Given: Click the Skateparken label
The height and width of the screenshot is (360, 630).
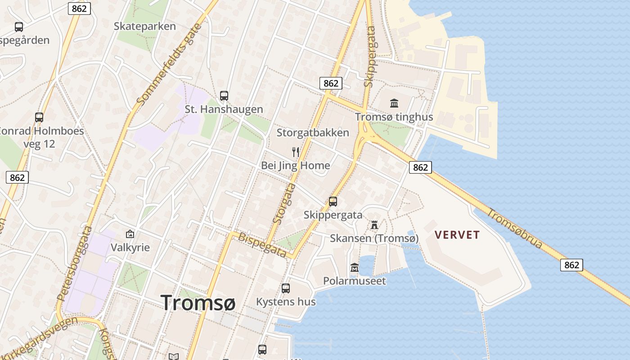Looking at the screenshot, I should pos(144,26).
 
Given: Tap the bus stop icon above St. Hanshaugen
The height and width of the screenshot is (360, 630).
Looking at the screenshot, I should pos(224,95).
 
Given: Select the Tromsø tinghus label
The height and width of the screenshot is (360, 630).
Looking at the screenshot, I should pos(394,117).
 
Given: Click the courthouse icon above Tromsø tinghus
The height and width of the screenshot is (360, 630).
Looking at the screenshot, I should pos(394,103).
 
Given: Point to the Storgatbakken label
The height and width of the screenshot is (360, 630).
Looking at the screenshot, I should pos(313,133).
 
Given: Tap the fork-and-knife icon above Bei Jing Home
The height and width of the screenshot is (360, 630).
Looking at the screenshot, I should pos(296,152).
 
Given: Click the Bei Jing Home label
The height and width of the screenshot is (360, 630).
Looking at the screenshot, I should pos(296,166).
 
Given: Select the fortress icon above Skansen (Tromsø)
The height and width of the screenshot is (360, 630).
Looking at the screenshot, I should pos(374,225).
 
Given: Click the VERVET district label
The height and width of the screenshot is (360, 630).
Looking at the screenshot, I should pos(458,235).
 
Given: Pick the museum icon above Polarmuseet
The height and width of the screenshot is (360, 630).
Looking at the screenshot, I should pos(355,267).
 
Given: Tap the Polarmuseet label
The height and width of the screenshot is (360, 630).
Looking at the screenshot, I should pos(355,281).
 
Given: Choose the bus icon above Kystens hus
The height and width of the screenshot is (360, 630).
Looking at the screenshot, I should pos(286,288).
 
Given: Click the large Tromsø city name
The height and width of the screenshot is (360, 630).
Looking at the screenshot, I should pos(198,302).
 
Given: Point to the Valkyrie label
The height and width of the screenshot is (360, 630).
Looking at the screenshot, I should pos(130,247).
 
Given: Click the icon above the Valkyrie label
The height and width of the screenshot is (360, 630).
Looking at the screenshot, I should pos(130,234).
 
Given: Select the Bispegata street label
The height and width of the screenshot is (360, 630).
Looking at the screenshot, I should pos(262,245).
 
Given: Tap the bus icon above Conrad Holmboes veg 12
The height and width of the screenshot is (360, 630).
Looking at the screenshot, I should pos(39,117).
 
